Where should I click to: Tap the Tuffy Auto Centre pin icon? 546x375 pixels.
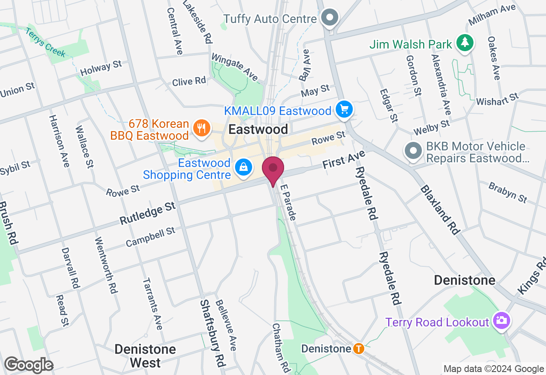coord(330,18)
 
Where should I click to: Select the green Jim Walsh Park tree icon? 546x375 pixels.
coord(463,43)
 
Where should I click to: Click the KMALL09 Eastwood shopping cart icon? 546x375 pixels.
coord(344,110)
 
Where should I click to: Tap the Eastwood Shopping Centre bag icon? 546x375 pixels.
coord(243,167)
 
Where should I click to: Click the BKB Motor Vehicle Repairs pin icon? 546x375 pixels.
coord(413,151)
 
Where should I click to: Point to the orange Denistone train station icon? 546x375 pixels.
coord(359,349)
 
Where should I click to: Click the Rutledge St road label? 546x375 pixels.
coord(148,214)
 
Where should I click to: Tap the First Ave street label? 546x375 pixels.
coord(344,159)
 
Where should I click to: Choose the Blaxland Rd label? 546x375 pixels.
coord(440,210)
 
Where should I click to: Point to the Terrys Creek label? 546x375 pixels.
coord(45,43)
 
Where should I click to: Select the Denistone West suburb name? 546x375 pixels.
coord(145,356)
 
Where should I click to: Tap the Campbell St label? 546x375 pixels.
coord(151,237)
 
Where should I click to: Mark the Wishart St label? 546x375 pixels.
coord(497,99)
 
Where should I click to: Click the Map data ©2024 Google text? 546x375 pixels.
coord(494,369)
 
